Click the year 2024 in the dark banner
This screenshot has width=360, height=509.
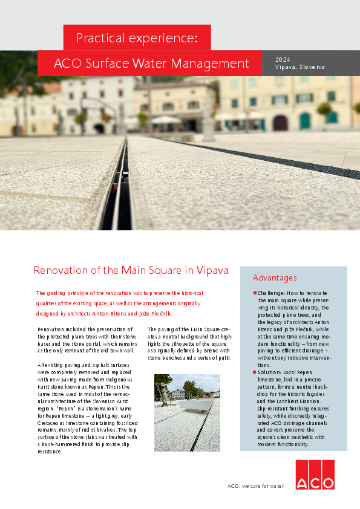pos(283,59)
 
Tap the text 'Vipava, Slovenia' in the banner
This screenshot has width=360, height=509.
pos(299,67)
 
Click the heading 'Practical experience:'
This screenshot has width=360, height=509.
pos(137,38)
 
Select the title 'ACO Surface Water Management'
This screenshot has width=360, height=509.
pos(151,63)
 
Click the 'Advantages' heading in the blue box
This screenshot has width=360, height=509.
pos(275,277)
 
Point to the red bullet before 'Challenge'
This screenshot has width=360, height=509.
pos(255,293)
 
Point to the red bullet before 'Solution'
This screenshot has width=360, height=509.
pos(255,372)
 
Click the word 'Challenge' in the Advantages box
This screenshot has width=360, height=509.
pos(271,293)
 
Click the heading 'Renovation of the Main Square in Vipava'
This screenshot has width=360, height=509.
pos(131,270)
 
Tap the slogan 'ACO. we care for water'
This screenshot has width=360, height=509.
pos(255,485)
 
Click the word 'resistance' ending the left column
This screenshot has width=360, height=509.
pos(50,452)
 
